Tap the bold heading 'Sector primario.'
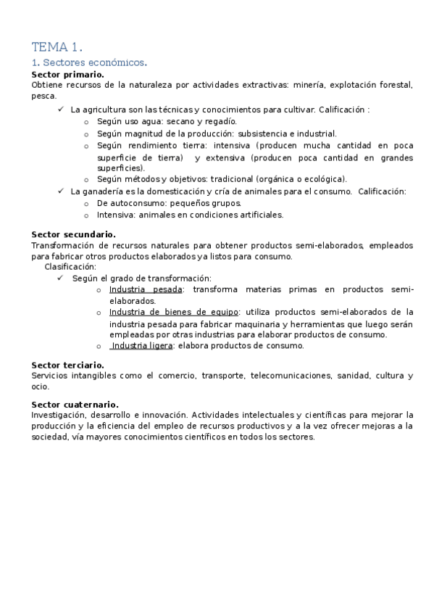coord(67,75)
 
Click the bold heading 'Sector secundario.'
coord(73,234)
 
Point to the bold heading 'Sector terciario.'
coord(67,365)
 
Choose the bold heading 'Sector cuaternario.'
coord(75,404)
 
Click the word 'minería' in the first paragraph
coord(306,86)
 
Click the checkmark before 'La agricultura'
coord(60,110)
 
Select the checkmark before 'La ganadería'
coord(60,191)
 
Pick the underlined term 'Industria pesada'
coord(146,290)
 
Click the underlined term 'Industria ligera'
coord(142,346)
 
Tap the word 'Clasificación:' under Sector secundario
coord(70,267)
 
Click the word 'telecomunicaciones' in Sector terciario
coord(287,376)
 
